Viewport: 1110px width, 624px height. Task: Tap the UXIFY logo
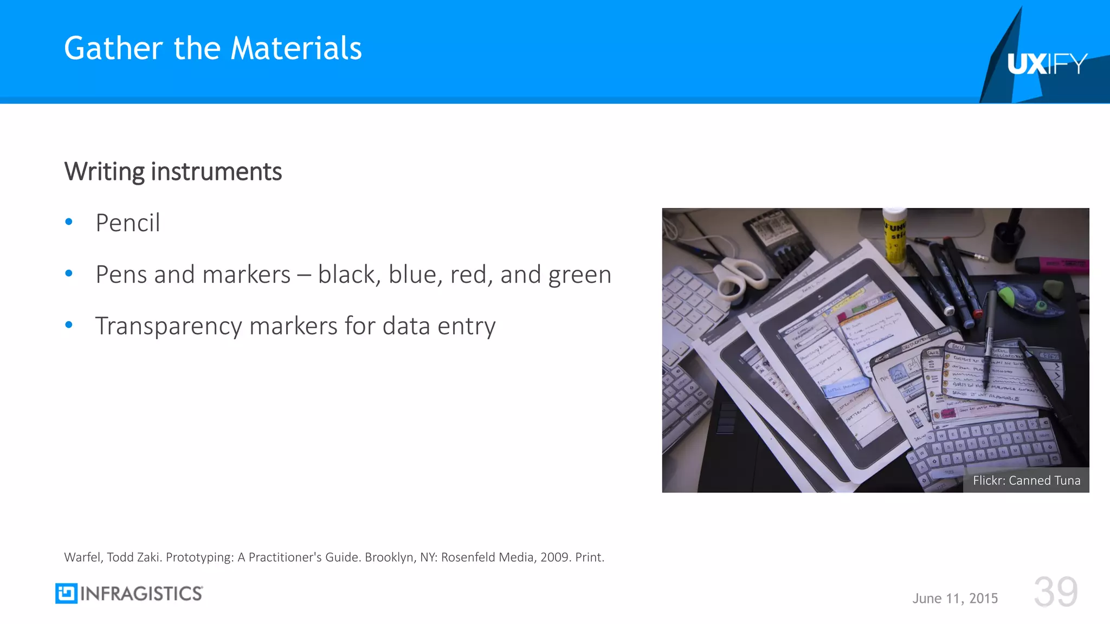click(1047, 64)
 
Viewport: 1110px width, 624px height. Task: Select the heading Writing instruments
click(173, 172)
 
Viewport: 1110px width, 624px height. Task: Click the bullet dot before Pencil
click(69, 222)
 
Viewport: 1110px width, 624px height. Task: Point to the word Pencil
click(128, 223)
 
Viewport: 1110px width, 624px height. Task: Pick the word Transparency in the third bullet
click(168, 327)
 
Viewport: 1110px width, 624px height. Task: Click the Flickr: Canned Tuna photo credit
click(1026, 480)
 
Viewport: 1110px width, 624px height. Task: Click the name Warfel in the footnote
click(82, 557)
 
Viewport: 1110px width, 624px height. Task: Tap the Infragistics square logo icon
click(66, 594)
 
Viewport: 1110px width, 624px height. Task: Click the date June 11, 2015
click(955, 598)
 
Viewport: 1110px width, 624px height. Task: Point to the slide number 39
click(1055, 592)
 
